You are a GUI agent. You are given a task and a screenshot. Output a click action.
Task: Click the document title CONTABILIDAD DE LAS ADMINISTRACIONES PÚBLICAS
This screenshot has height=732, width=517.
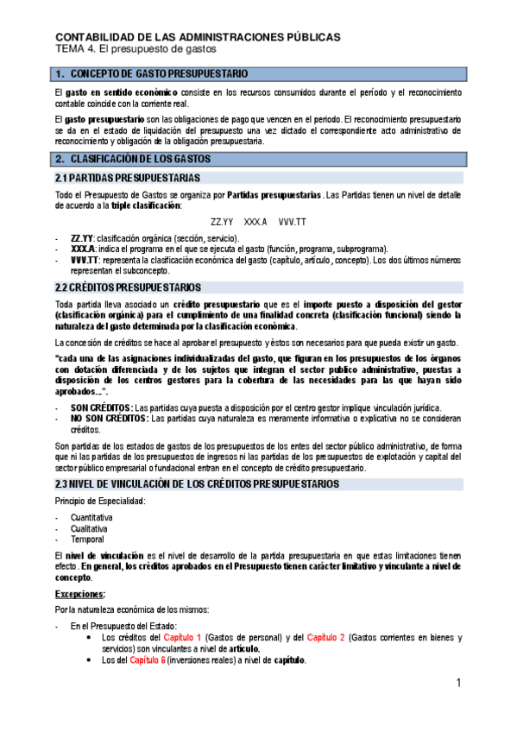(x=198, y=37)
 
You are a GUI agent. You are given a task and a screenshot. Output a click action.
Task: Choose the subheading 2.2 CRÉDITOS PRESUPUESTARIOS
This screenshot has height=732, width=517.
(x=128, y=287)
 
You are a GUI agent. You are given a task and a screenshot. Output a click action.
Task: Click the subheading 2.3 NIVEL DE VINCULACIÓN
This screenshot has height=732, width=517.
(x=197, y=483)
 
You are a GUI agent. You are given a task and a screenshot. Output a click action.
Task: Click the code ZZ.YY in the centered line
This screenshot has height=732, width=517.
(x=222, y=222)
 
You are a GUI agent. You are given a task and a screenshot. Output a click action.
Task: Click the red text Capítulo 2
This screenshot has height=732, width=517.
(x=326, y=637)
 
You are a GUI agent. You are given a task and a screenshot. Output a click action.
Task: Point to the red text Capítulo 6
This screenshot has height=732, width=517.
(x=148, y=660)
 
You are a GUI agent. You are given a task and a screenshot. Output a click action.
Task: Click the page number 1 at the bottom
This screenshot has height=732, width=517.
(x=460, y=684)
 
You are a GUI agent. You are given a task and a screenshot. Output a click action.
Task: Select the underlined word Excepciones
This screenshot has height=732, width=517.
(x=80, y=594)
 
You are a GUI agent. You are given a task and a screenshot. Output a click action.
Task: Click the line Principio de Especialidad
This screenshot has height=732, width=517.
(x=101, y=501)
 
